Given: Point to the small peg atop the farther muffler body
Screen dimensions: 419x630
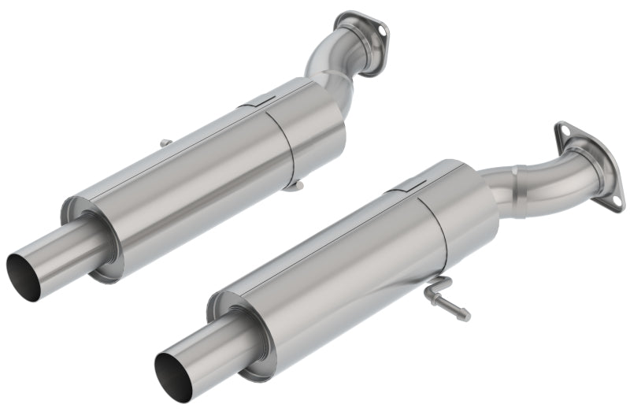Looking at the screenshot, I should (165, 143).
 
